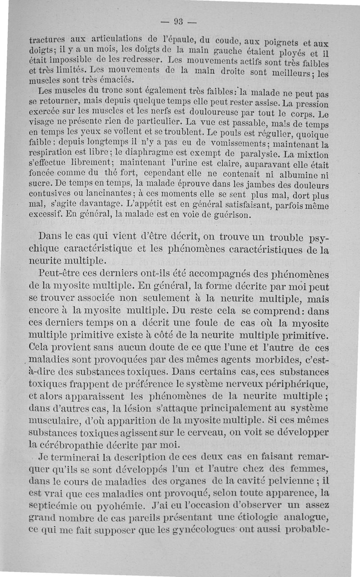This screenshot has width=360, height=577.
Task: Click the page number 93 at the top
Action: tap(179, 21)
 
